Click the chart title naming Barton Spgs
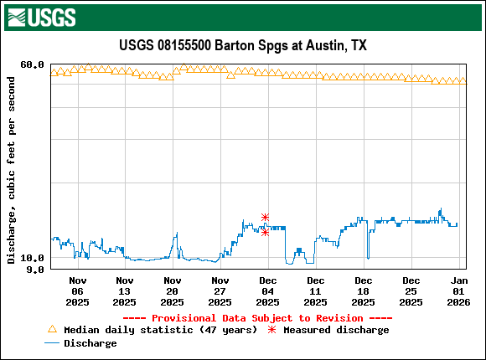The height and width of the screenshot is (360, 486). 243,45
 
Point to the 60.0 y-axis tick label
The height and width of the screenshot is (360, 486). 32,64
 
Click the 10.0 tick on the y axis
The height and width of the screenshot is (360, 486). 32,258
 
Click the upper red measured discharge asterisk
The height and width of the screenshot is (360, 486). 265,218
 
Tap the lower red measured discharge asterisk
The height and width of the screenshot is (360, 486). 265,232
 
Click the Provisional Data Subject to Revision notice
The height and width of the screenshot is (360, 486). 257,318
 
